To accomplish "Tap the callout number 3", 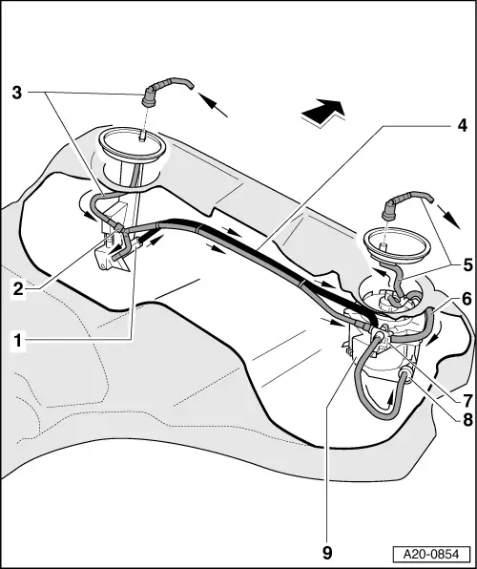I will [17, 93].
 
